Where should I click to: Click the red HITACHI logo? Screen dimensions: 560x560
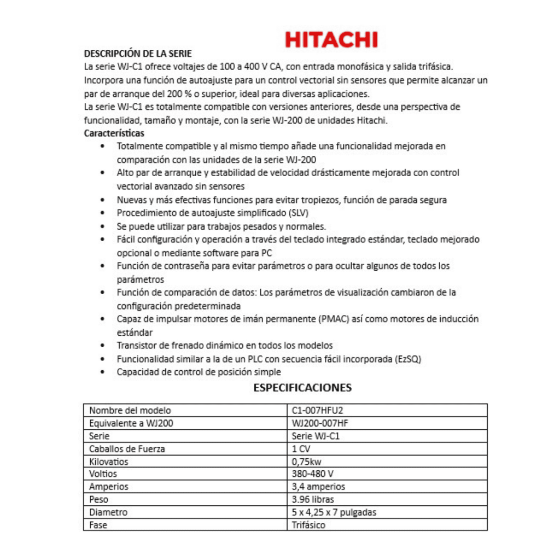pyautogui.click(x=331, y=40)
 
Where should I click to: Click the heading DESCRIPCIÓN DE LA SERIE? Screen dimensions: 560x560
pyautogui.click(x=138, y=54)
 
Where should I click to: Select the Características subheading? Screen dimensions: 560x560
pyautogui.click(x=114, y=133)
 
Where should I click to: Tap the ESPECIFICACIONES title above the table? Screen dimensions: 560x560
pyautogui.click(x=302, y=388)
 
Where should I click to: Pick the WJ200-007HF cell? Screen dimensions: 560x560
pyautogui.click(x=320, y=423)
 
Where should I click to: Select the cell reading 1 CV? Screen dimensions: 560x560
pyautogui.click(x=301, y=449)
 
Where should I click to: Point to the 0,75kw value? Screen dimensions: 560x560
pyautogui.click(x=307, y=462)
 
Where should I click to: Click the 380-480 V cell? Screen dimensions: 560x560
pyautogui.click(x=313, y=474)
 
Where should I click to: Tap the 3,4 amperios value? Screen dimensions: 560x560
pyautogui.click(x=318, y=487)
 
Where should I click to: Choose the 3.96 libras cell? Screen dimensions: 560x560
pyautogui.click(x=313, y=499)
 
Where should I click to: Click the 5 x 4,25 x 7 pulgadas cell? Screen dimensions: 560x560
pyautogui.click(x=334, y=512)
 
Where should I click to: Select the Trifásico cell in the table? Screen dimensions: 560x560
pyautogui.click(x=308, y=525)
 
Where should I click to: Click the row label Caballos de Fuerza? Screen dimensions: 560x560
pyautogui.click(x=127, y=449)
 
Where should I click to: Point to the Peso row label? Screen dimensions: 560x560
pyautogui.click(x=99, y=499)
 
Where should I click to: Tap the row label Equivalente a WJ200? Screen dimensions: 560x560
pyautogui.click(x=126, y=423)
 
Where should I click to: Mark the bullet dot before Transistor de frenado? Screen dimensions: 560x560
pyautogui.click(x=103, y=346)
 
